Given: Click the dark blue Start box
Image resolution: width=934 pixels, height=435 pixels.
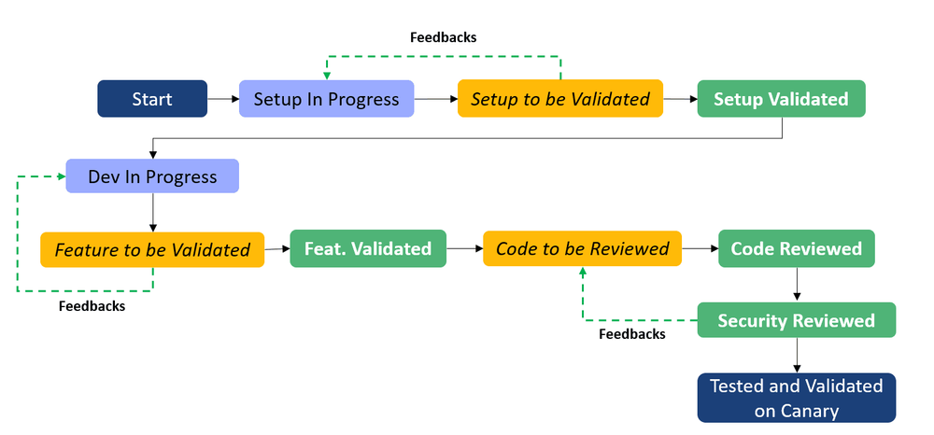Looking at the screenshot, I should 152,99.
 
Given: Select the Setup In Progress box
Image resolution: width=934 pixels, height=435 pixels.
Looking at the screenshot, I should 326,99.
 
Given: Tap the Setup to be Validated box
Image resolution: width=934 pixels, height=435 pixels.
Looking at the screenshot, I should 560,99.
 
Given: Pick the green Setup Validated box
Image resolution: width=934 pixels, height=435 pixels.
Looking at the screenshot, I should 781,99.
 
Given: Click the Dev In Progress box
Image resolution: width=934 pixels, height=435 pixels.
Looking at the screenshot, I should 152,176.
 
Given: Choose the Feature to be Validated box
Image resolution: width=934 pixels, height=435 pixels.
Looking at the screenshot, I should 152,249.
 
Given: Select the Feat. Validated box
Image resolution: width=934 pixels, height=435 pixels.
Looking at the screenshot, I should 367,248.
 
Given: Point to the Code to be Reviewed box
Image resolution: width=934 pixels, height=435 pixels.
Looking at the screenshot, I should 582,248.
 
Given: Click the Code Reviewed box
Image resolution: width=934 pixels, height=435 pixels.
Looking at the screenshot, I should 796,248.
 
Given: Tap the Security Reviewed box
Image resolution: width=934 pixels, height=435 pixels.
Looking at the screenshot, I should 796,320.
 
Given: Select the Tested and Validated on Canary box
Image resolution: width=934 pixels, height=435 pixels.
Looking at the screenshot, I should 796,398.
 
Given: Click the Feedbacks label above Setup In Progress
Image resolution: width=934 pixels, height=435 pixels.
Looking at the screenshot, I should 444,37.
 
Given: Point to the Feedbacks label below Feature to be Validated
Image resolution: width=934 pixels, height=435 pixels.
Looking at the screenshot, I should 92,305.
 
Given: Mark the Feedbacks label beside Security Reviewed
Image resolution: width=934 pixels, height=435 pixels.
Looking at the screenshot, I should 632,333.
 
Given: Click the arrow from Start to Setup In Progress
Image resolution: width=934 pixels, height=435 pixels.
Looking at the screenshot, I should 222,99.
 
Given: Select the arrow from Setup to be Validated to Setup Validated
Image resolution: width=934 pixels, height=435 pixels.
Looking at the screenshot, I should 680,99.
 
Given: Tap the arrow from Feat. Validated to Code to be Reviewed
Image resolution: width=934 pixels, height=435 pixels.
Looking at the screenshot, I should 463,248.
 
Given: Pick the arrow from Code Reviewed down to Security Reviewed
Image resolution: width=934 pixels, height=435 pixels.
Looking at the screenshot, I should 796,285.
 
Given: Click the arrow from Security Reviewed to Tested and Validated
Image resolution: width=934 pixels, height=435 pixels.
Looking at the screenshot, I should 796,356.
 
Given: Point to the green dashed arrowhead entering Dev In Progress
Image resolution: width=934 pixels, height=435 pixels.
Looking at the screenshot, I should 61,175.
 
